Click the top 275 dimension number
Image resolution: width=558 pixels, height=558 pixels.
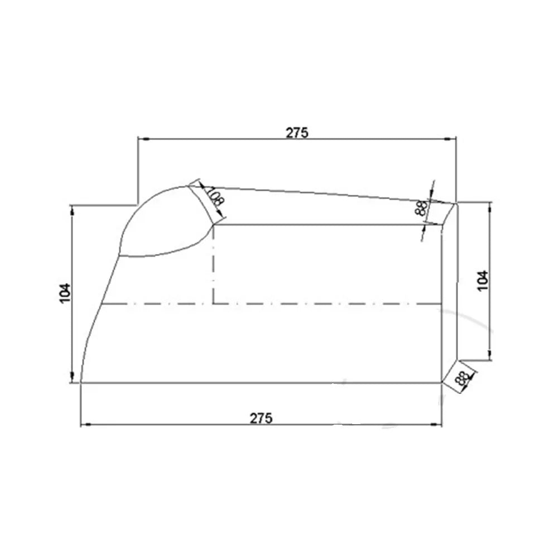click(297, 132)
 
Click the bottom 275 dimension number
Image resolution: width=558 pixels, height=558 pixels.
click(262, 418)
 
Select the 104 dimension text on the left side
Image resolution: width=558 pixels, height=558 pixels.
click(65, 293)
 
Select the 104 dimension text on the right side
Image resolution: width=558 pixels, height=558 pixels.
click(483, 280)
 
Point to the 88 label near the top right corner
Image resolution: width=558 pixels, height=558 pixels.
click(421, 209)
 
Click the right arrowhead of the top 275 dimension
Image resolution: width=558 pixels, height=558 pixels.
click(453, 138)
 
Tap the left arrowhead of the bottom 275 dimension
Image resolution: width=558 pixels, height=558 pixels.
click(85, 425)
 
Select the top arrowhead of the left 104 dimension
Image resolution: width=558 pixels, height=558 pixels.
click(72, 209)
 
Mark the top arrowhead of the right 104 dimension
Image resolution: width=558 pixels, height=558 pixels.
click(490, 206)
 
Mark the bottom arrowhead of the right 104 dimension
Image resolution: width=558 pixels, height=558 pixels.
click(490, 357)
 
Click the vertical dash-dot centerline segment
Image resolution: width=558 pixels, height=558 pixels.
click(214, 262)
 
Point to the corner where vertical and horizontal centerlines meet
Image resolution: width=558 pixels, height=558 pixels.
click(214, 304)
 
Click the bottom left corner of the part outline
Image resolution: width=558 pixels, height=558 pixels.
click(81, 383)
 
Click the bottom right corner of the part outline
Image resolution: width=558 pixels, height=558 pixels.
click(441, 383)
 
